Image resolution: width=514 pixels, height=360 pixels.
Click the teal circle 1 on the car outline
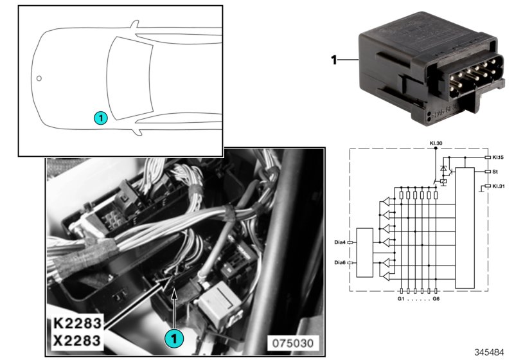[100, 118]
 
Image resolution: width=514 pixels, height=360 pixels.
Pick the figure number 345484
[490, 352]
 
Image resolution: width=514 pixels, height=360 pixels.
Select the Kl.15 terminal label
[499, 157]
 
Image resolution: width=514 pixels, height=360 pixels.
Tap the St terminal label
[495, 172]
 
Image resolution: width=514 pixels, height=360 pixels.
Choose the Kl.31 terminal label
[499, 186]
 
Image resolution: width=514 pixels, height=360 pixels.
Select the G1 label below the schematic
[400, 300]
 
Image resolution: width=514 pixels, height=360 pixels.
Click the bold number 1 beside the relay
[333, 61]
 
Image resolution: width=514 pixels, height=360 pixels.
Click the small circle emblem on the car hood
[39, 78]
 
